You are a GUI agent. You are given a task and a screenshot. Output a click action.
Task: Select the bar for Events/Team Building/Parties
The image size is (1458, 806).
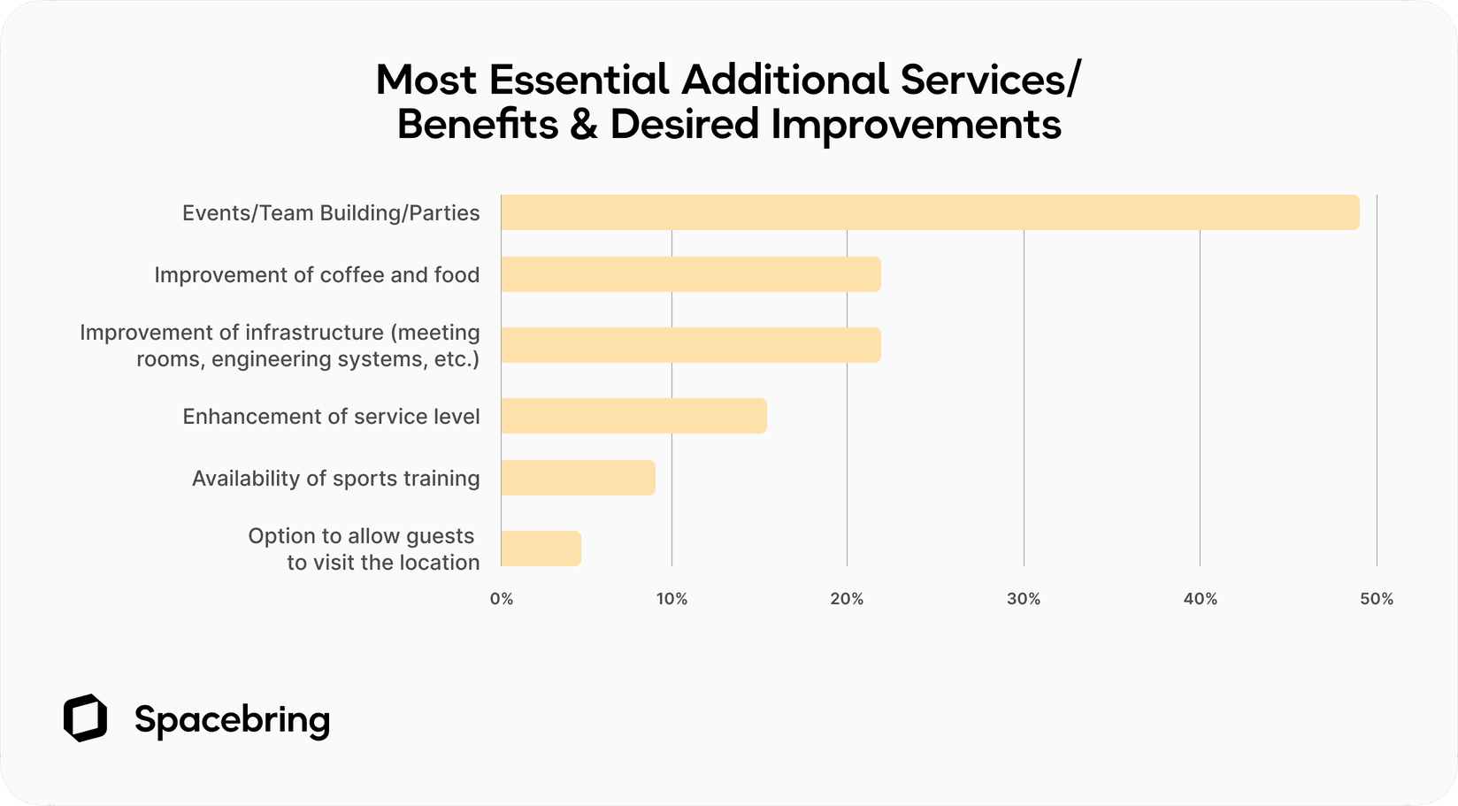pyautogui.click(x=929, y=212)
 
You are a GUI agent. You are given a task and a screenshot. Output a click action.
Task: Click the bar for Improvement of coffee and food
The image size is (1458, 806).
pyautogui.click(x=690, y=274)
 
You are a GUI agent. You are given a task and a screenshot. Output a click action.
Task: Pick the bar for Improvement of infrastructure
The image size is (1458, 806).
pyautogui.click(x=690, y=345)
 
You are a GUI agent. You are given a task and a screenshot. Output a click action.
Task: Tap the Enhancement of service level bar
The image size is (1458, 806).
pyautogui.click(x=633, y=416)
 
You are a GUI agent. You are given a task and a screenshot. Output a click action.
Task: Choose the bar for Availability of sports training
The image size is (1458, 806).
pyautogui.click(x=578, y=478)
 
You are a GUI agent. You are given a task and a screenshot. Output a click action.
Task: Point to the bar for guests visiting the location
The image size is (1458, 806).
pyautogui.click(x=541, y=549)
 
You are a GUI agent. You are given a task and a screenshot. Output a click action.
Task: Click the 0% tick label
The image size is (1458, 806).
pyautogui.click(x=502, y=599)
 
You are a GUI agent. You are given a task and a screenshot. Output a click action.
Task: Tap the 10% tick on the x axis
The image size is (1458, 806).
pyautogui.click(x=671, y=599)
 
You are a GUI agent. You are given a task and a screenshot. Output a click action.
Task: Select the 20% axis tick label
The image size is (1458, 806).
pyautogui.click(x=847, y=599)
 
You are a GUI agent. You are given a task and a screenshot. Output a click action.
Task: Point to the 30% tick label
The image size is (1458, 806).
pyautogui.click(x=1024, y=599)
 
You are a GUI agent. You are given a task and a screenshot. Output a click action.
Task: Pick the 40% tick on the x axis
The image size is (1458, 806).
pyautogui.click(x=1200, y=599)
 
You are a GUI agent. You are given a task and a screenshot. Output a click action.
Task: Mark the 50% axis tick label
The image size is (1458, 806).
pyautogui.click(x=1376, y=599)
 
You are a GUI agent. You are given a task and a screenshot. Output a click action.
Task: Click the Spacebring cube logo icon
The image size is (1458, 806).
pyautogui.click(x=85, y=718)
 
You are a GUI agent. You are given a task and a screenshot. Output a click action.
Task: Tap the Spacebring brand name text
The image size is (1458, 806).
pyautogui.click(x=232, y=720)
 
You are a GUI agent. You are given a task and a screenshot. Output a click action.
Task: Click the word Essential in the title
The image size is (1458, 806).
pyautogui.click(x=579, y=80)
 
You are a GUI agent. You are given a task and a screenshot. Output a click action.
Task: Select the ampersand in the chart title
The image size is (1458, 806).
pyautogui.click(x=584, y=125)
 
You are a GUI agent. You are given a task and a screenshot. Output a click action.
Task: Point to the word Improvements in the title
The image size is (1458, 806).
pyautogui.click(x=916, y=125)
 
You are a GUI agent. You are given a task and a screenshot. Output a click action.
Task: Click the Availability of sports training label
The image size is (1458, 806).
pyautogui.click(x=335, y=479)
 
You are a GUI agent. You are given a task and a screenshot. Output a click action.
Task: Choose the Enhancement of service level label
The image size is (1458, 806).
pyautogui.click(x=331, y=417)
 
